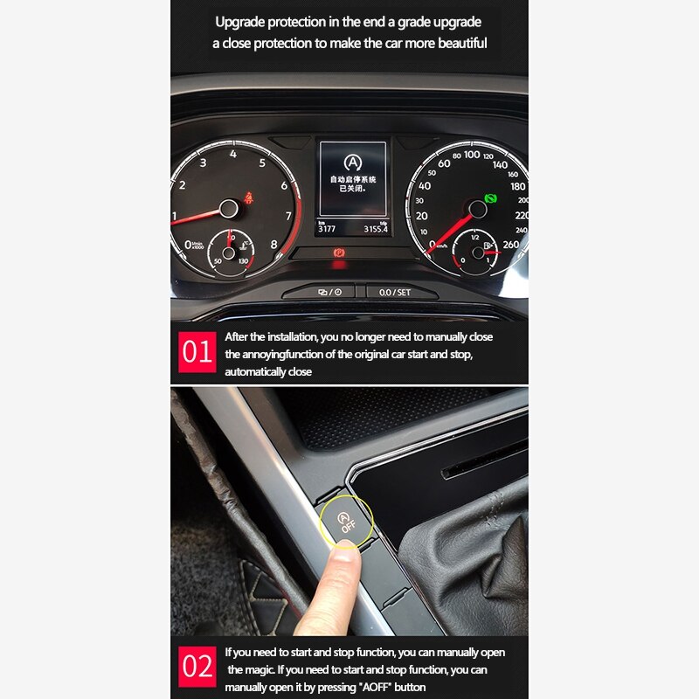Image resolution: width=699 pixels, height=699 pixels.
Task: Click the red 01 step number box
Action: [x=197, y=352]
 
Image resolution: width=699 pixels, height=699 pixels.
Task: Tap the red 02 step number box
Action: [x=197, y=667]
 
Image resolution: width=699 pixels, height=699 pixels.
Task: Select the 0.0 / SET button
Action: [x=395, y=292]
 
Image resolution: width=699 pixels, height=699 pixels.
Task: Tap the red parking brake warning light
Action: [x=336, y=253]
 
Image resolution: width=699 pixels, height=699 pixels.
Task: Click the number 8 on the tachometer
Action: [x=273, y=245]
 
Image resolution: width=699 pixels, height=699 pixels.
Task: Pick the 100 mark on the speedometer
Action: [x=472, y=155]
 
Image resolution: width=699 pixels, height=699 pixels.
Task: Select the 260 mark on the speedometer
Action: [x=510, y=246]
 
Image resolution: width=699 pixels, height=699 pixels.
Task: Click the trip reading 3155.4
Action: [x=371, y=229]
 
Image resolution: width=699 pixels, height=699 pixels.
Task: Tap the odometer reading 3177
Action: [x=327, y=229]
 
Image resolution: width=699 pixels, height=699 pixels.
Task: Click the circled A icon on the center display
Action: [x=352, y=163]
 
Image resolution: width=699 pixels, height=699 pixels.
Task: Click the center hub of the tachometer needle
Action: [x=228, y=208]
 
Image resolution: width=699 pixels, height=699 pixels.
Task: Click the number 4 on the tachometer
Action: [x=233, y=154]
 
